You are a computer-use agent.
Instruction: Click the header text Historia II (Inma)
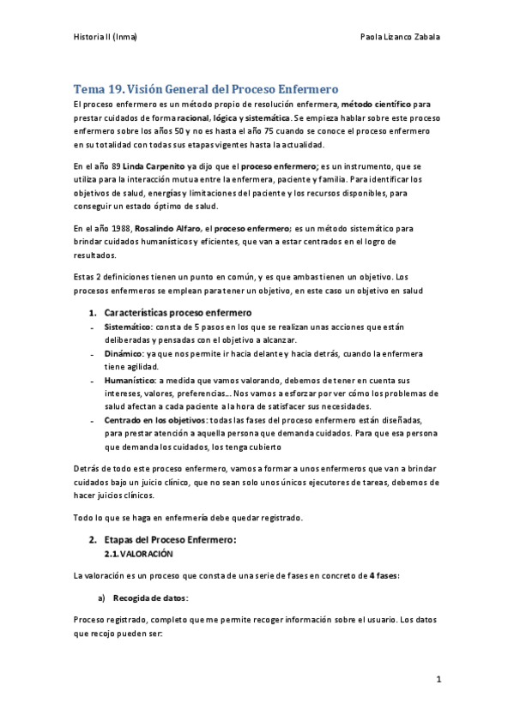pyautogui.click(x=106, y=38)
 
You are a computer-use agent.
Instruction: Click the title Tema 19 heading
pyautogui.click(x=206, y=88)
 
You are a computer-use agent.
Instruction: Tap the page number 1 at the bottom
pyautogui.click(x=438, y=680)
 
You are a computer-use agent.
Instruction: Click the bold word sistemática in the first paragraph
pyautogui.click(x=264, y=117)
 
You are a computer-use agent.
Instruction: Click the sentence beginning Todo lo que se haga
pyautogui.click(x=188, y=517)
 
